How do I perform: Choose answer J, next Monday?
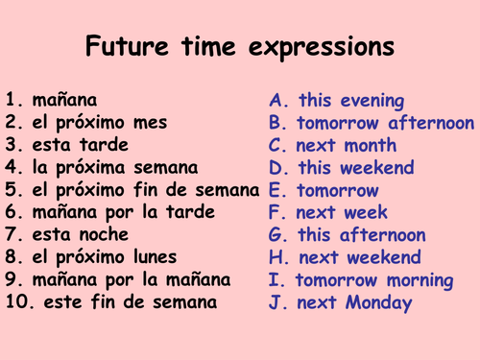(341, 303)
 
